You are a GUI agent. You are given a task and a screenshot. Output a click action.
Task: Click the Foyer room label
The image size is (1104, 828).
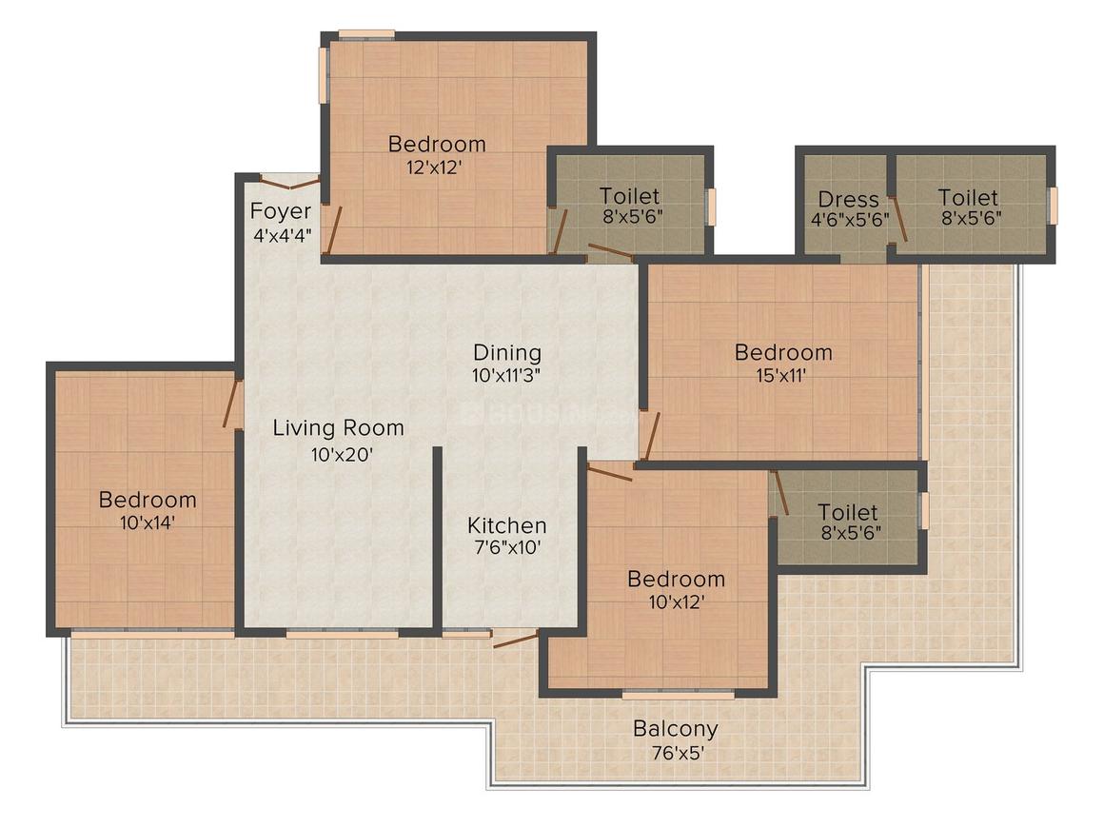click(280, 211)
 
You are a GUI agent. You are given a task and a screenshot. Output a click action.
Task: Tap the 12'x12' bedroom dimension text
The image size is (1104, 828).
click(434, 168)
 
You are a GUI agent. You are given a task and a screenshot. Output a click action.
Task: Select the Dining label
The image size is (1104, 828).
click(507, 352)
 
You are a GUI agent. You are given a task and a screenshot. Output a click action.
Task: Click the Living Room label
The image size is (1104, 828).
click(339, 427)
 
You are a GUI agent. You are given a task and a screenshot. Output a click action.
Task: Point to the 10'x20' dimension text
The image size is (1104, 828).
click(342, 455)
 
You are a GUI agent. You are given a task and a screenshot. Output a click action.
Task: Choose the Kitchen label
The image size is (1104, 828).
click(507, 525)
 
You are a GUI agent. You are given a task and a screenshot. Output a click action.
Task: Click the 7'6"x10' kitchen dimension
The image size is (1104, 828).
click(507, 547)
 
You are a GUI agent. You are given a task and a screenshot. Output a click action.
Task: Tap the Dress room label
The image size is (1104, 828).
click(848, 199)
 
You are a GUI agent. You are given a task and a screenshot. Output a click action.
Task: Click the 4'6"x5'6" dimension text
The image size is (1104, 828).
click(850, 219)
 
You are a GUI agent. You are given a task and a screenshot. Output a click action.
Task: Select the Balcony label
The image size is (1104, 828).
click(675, 729)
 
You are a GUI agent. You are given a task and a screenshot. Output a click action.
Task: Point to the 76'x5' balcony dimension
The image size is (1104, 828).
click(678, 754)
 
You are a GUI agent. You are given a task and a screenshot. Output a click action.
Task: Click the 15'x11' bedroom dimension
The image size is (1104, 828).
click(780, 376)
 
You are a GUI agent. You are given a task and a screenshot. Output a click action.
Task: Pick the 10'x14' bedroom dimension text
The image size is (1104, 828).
click(148, 522)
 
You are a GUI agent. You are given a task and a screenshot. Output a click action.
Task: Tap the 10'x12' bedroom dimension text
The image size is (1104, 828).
click(677, 602)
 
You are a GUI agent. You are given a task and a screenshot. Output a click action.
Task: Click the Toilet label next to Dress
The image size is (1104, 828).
click(968, 198)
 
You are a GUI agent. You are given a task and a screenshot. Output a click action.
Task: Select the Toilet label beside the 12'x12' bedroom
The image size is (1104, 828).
click(629, 196)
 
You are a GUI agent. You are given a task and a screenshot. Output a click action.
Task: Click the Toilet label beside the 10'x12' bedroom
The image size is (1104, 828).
click(848, 512)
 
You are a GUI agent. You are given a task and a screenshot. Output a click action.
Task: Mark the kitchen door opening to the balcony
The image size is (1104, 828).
click(516, 639)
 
